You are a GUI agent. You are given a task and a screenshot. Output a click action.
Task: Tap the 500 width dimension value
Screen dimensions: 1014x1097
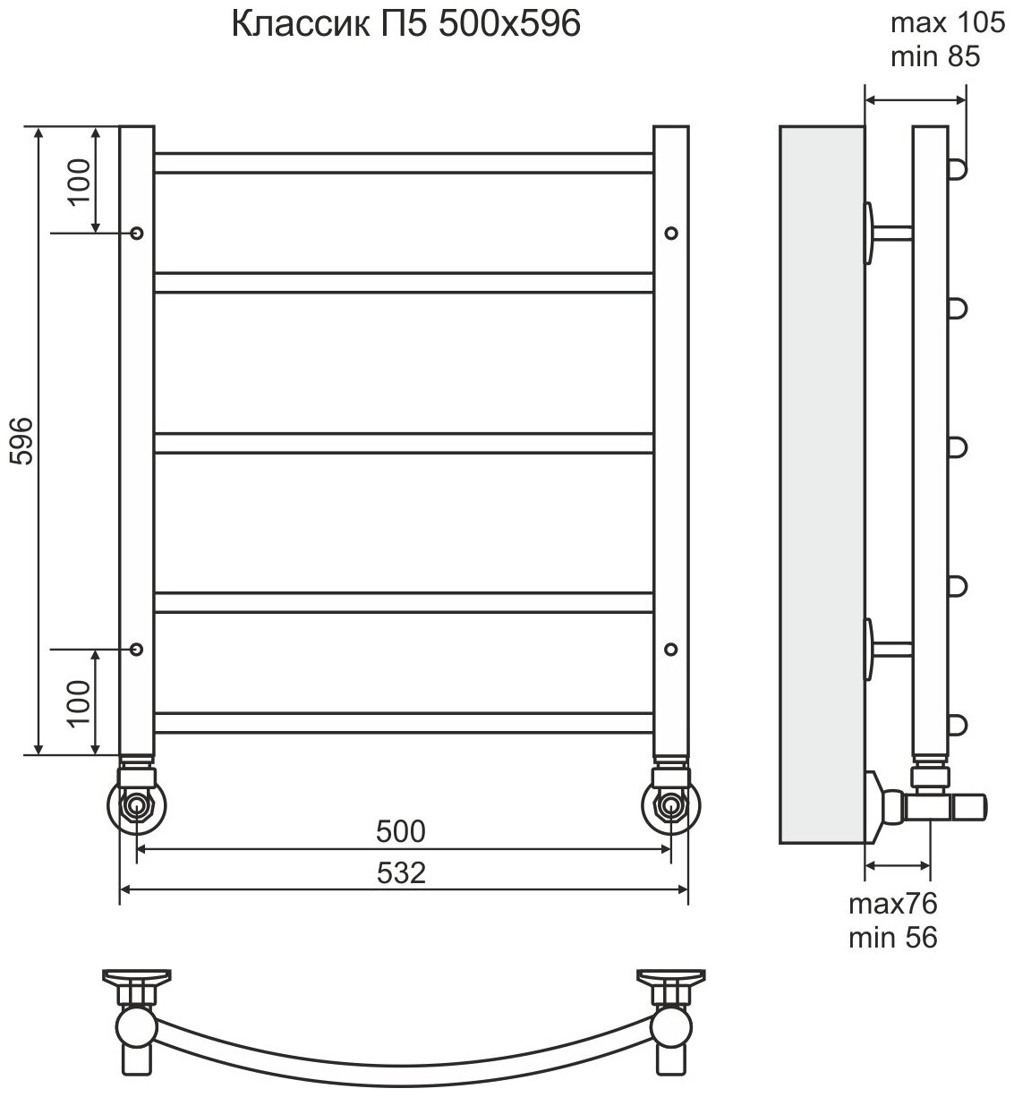tap(400, 832)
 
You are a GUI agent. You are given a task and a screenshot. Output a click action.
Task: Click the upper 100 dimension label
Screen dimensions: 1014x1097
tap(80, 181)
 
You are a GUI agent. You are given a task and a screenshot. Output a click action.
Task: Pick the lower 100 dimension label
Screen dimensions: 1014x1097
tap(80, 702)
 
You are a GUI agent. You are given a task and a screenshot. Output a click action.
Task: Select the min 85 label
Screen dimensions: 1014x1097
tap(936, 57)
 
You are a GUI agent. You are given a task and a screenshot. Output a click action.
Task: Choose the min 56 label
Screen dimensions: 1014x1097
tap(893, 937)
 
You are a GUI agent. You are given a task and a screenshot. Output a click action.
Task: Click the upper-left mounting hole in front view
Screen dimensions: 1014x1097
tap(137, 233)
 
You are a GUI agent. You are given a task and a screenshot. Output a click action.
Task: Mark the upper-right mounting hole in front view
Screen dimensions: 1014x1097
tap(671, 233)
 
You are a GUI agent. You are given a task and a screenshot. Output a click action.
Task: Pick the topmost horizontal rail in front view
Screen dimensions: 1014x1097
tap(404, 162)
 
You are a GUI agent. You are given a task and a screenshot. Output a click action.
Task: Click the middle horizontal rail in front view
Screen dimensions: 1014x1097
tap(404, 443)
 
